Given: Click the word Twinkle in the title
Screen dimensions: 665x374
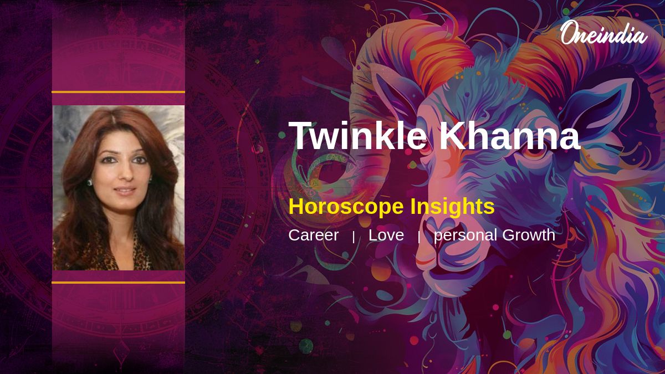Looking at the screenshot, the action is pyautogui.click(x=357, y=135).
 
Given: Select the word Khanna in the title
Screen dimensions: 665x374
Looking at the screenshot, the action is pyautogui.click(x=509, y=135).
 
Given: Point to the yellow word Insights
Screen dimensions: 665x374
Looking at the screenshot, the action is pyautogui.click(x=452, y=207).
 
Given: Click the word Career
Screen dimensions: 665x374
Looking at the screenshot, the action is pyautogui.click(x=314, y=235).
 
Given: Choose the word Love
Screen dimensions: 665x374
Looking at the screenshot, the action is pyautogui.click(x=386, y=235).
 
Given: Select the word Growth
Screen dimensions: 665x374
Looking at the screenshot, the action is pyautogui.click(x=529, y=235).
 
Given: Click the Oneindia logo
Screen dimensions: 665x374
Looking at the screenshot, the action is pyautogui.click(x=604, y=33).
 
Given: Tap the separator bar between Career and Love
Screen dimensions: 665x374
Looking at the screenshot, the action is pyautogui.click(x=354, y=237).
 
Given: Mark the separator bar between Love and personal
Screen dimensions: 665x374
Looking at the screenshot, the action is pyautogui.click(x=419, y=237).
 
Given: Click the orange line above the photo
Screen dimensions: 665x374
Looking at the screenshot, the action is pyautogui.click(x=118, y=92).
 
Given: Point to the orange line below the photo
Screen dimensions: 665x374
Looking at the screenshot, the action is pyautogui.click(x=118, y=283).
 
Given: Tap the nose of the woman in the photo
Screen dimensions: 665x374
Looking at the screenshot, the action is pyautogui.click(x=127, y=173).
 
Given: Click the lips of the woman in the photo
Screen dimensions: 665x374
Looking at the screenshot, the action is pyautogui.click(x=125, y=191).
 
